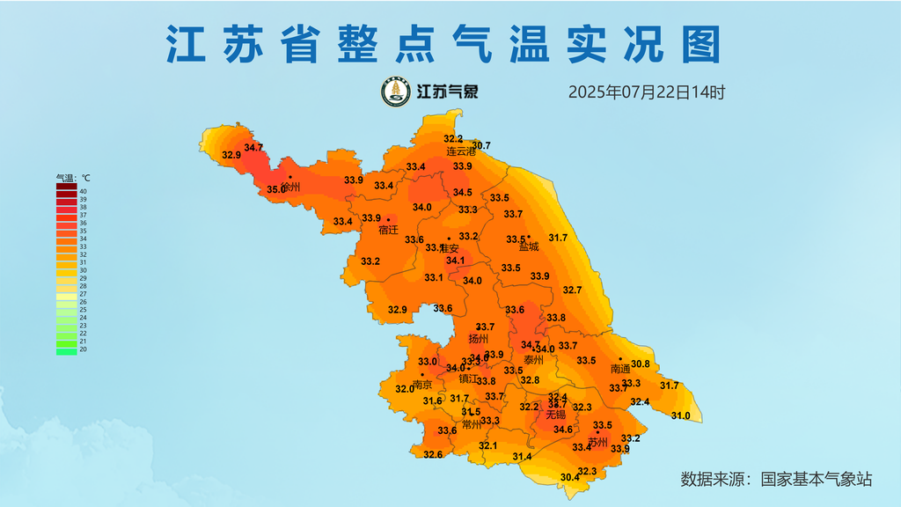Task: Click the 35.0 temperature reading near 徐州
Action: click(x=276, y=189)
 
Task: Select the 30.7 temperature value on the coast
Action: click(x=481, y=145)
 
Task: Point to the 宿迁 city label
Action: click(x=388, y=230)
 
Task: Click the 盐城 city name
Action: click(x=529, y=247)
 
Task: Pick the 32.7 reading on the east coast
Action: click(x=573, y=290)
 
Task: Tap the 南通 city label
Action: click(x=621, y=369)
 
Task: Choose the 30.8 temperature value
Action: click(x=641, y=364)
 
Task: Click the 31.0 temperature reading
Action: click(x=680, y=415)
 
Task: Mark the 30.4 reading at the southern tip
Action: click(x=570, y=477)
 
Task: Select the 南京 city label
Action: click(x=422, y=385)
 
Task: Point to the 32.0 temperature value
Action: click(x=405, y=388)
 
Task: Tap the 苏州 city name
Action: click(x=598, y=442)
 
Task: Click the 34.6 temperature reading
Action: click(x=563, y=430)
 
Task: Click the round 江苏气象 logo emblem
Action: click(x=396, y=92)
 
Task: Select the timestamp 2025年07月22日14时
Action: click(x=646, y=92)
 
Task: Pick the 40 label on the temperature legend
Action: click(x=83, y=191)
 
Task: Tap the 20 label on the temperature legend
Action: click(x=83, y=349)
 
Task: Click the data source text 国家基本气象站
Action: click(x=816, y=479)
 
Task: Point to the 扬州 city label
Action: click(x=479, y=339)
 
